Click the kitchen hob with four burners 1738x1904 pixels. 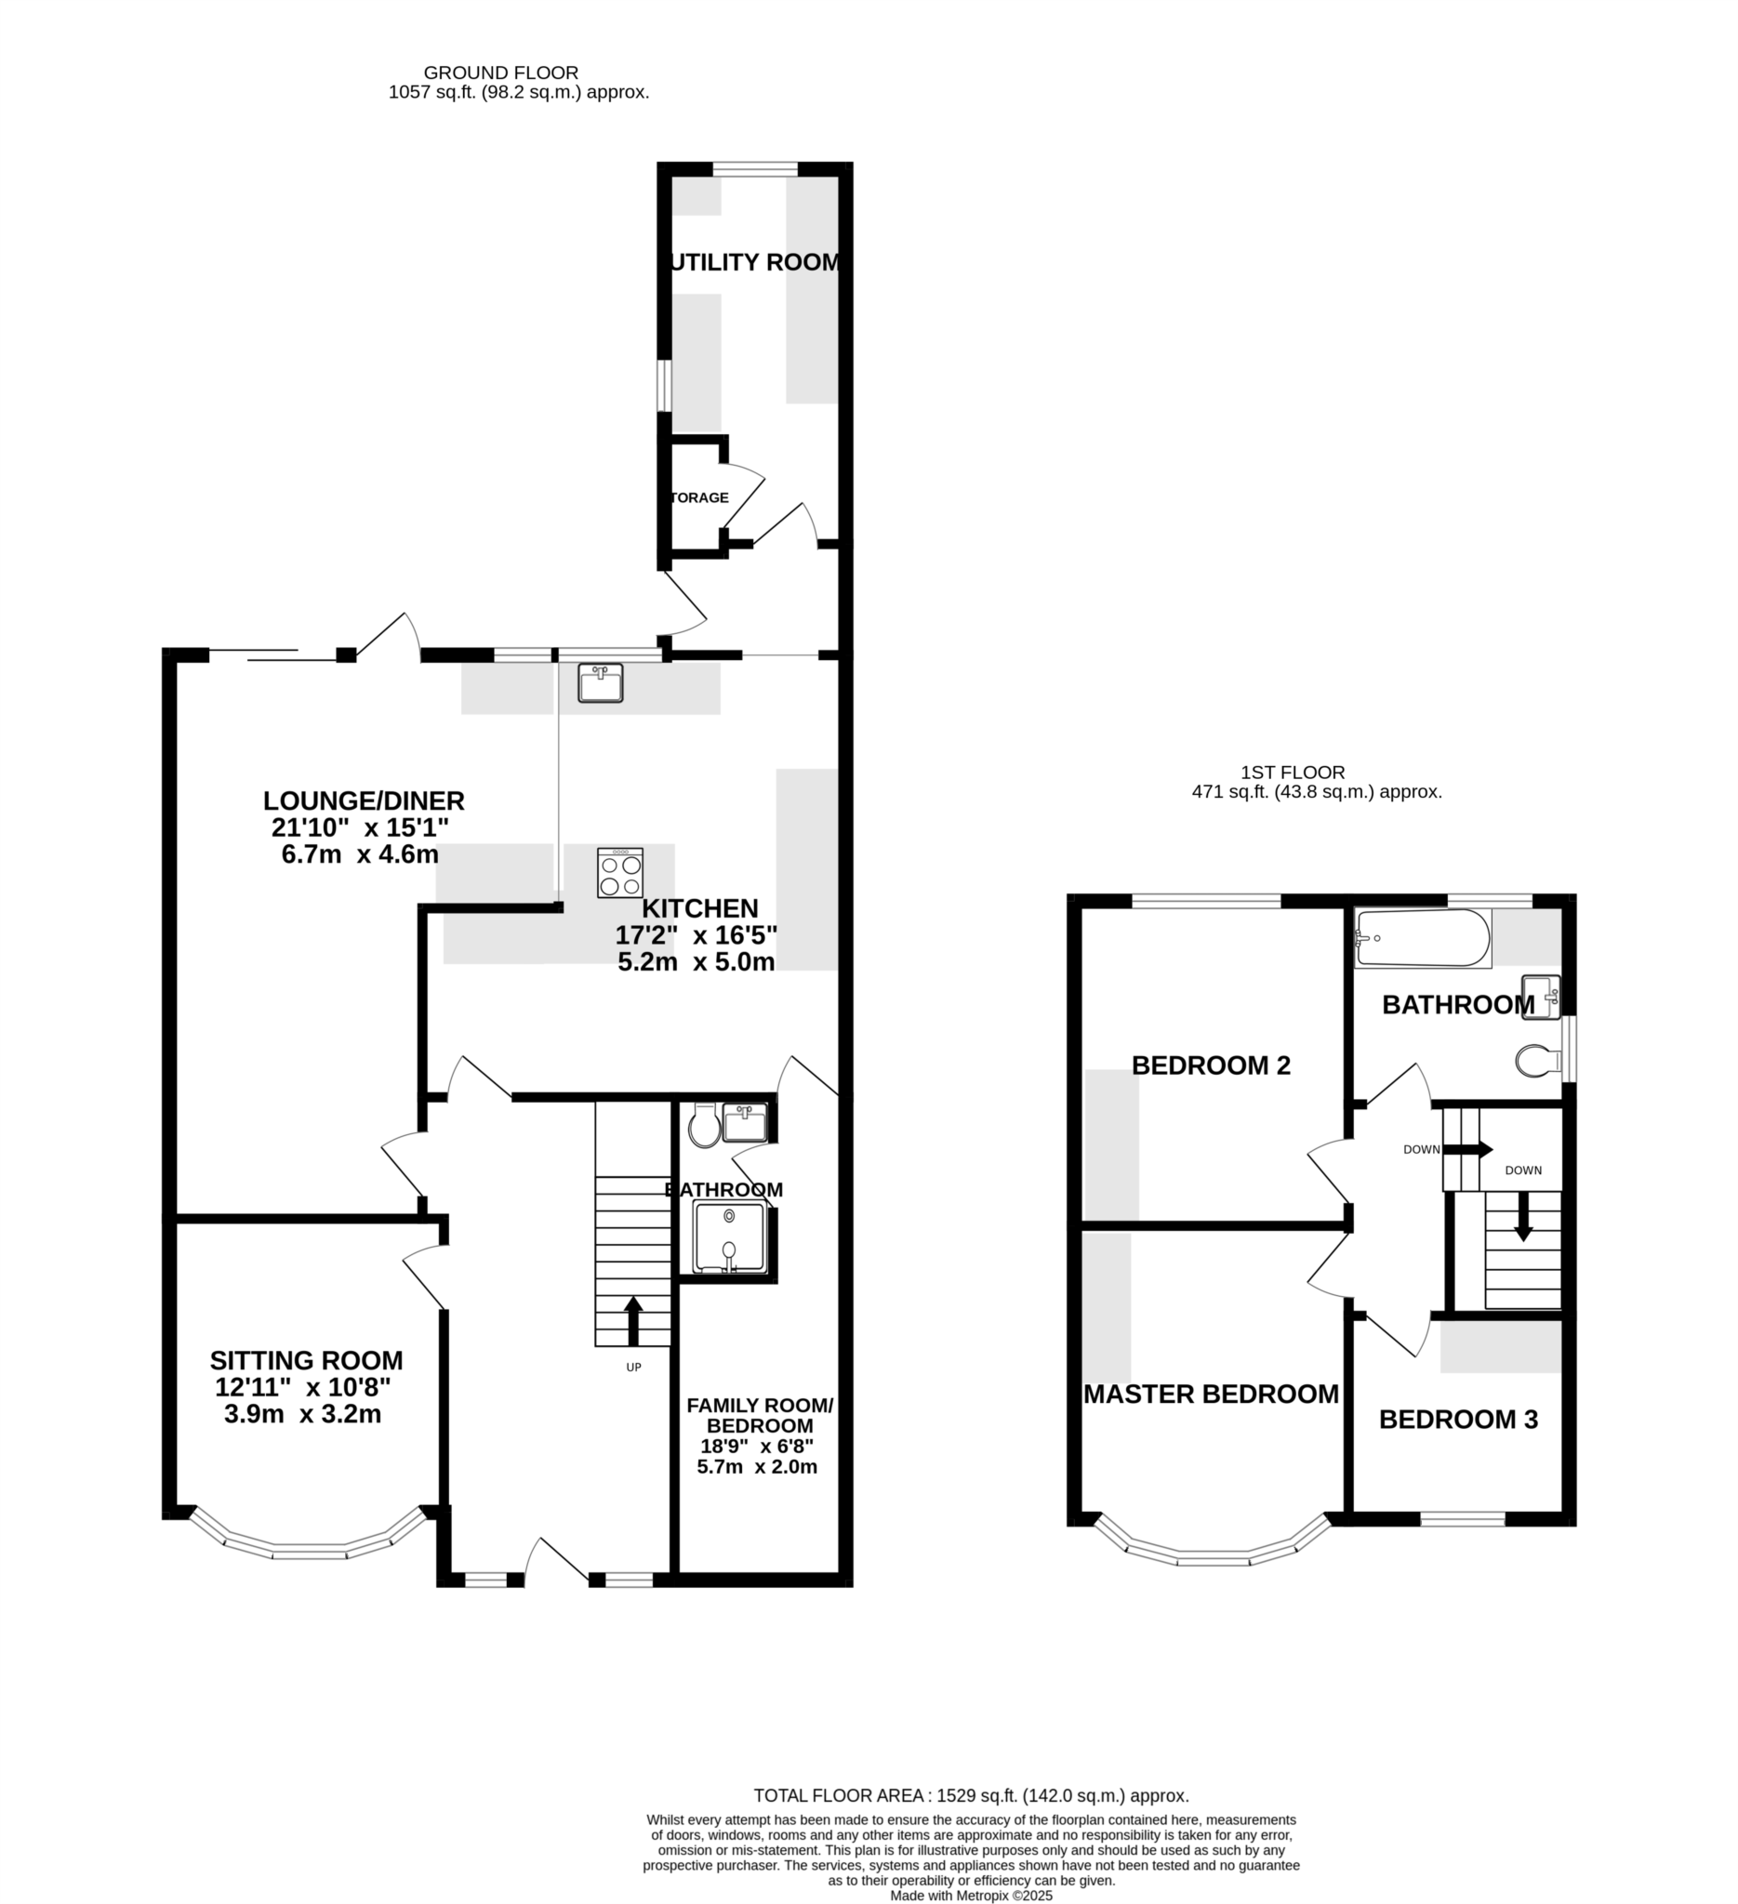click(x=619, y=873)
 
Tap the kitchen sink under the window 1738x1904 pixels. click(x=601, y=682)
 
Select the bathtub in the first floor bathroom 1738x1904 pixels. click(x=1422, y=938)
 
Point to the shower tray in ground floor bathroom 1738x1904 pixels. click(x=728, y=1236)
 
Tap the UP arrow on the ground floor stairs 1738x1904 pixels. click(x=634, y=1320)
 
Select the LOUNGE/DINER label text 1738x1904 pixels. click(x=364, y=800)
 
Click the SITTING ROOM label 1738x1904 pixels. click(x=306, y=1361)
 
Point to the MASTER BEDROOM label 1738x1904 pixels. click(x=1211, y=1394)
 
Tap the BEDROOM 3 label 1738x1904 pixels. click(x=1458, y=1420)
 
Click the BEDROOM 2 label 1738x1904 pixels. click(x=1211, y=1065)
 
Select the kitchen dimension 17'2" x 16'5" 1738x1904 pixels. click(x=697, y=936)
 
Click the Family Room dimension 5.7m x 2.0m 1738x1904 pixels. click(x=757, y=1467)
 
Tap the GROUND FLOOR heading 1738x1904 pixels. click(x=500, y=73)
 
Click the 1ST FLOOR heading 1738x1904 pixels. click(x=1294, y=773)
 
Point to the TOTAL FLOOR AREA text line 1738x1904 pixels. click(x=971, y=1796)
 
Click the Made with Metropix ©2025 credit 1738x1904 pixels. click(x=971, y=1896)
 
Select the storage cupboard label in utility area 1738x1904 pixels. click(x=700, y=497)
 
